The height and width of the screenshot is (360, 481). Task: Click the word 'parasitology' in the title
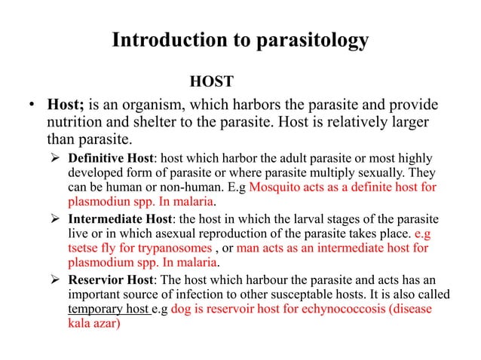[x=305, y=40]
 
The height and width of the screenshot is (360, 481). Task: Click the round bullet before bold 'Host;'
[x=24, y=105]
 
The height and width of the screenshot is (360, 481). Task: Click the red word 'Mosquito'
[x=273, y=188]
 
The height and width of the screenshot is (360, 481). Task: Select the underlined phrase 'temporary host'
[x=103, y=309]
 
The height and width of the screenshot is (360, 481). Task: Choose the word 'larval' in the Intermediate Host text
[x=311, y=220]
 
